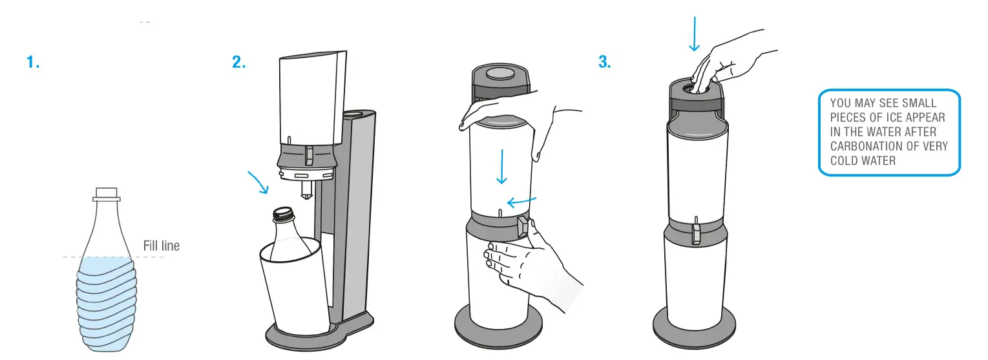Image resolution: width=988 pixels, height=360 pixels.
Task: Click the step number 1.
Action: coord(33,63)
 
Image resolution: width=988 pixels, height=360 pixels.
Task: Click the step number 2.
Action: coord(239,63)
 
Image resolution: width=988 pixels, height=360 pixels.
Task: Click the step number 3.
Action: coord(604,63)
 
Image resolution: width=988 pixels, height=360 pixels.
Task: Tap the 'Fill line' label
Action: coord(161,246)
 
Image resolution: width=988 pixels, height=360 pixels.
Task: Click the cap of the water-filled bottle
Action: coord(105,193)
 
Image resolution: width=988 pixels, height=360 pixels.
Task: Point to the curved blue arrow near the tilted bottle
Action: coord(258,182)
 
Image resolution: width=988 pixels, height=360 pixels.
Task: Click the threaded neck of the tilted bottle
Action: coord(282,214)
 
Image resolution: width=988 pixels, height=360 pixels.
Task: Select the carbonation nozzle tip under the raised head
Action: coord(308,189)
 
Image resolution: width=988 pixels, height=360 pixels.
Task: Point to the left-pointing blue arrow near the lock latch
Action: coord(520,202)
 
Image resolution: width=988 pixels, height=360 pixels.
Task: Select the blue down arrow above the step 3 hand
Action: coord(694,33)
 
